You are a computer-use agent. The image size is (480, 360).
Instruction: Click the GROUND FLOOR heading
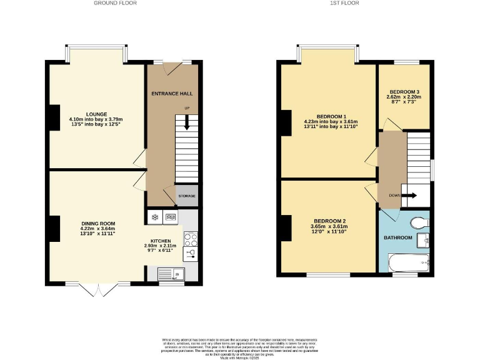pos(115,3)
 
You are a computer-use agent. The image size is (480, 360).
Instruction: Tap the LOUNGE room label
pos(96,114)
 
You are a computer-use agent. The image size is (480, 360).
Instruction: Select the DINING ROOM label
pos(98,223)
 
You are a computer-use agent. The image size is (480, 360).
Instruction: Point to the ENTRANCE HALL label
pos(172,94)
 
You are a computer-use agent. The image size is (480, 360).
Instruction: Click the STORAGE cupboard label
pos(187,196)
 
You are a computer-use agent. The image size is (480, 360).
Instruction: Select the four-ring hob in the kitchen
pos(190,238)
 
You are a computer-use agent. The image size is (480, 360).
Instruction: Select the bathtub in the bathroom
pos(408,261)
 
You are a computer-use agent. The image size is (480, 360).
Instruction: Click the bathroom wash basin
pos(426,238)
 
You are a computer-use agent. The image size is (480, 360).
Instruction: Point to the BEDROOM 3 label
pos(403,92)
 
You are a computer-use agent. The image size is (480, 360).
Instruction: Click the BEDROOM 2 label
pos(330,221)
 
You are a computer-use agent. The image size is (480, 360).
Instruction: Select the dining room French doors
pos(99,290)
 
